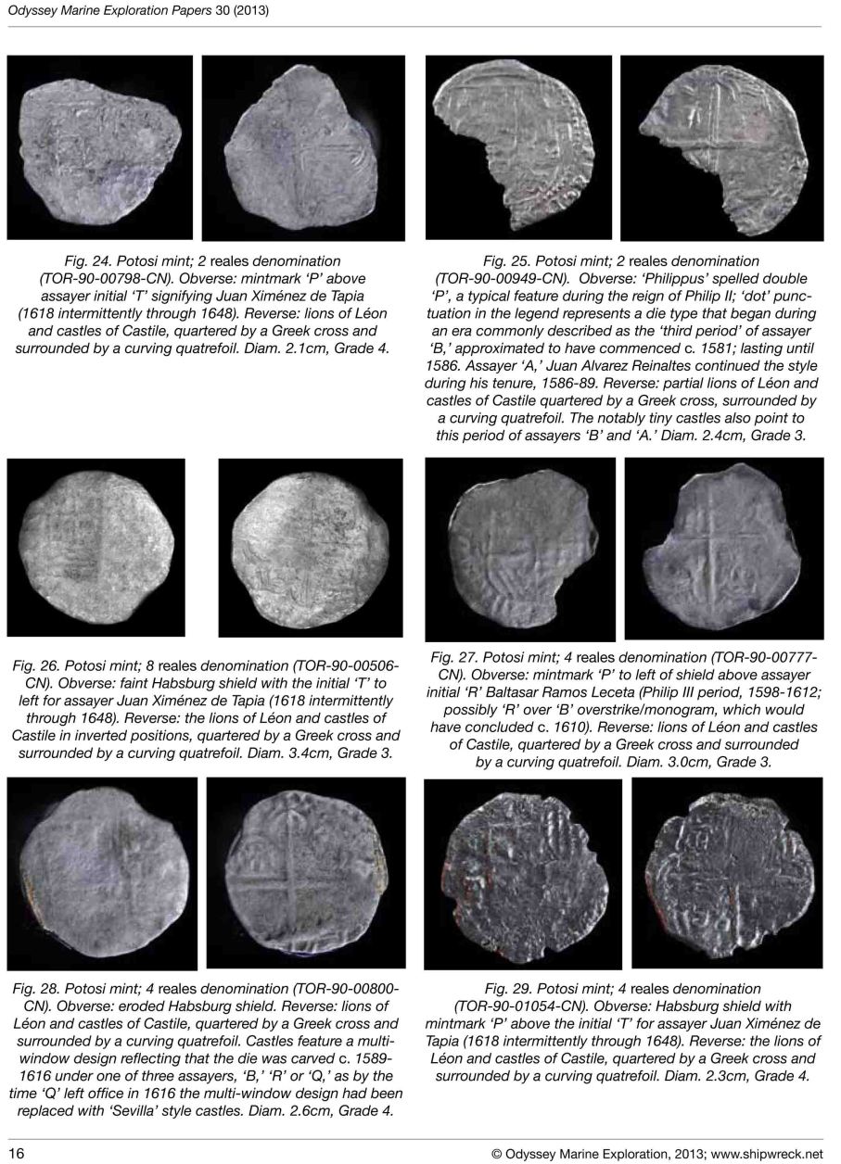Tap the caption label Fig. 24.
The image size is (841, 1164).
pyautogui.click(x=104, y=261)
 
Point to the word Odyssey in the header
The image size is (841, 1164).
pyautogui.click(x=32, y=10)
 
